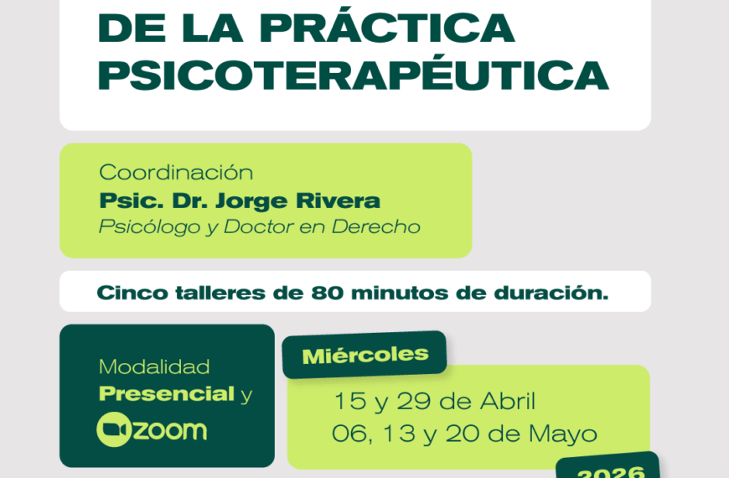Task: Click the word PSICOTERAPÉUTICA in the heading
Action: pos(353,76)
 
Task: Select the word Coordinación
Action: pos(176,173)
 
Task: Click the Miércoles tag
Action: pos(364,354)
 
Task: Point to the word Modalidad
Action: pos(154,367)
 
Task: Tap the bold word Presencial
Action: pos(167,394)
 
